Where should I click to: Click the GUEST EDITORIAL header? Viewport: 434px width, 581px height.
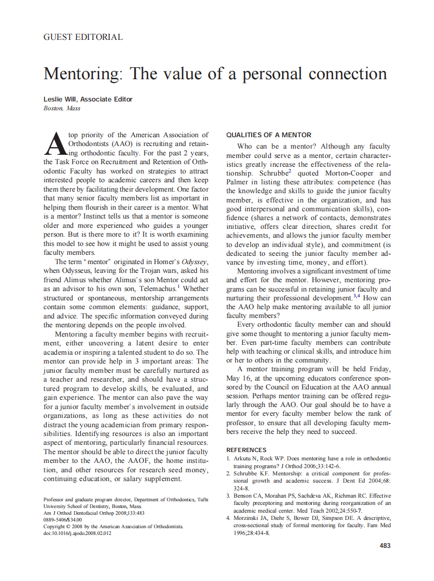(x=83, y=37)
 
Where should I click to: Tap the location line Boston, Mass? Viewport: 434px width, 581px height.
(x=62, y=108)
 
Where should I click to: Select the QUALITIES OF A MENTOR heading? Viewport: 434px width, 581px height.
(x=269, y=135)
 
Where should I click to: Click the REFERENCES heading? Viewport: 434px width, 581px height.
(x=247, y=450)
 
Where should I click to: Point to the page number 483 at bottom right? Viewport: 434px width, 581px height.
(x=385, y=545)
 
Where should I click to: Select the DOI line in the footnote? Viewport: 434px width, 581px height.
(x=77, y=533)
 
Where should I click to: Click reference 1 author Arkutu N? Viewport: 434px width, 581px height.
(x=245, y=459)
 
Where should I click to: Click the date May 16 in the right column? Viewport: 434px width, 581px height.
(x=237, y=378)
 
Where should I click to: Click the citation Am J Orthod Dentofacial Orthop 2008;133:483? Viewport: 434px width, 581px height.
(x=94, y=513)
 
